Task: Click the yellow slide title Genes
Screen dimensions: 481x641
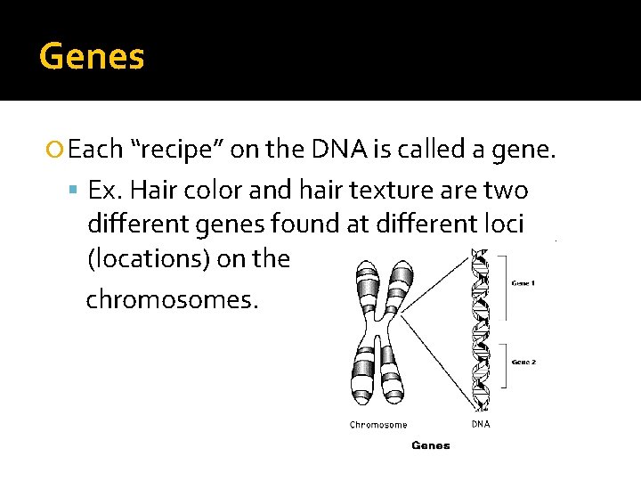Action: [92, 57]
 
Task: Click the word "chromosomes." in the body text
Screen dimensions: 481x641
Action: [172, 300]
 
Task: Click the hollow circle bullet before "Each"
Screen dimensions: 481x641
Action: [57, 151]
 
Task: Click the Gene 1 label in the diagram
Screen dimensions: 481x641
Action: [524, 282]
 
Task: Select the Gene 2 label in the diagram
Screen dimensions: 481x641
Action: [524, 363]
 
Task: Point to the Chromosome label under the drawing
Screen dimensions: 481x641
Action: [378, 425]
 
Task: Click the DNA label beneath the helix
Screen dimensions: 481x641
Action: [480, 424]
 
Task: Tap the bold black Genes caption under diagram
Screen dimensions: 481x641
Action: [430, 445]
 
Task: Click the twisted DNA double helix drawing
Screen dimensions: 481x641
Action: [480, 330]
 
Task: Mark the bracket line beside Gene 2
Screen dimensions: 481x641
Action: [505, 365]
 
